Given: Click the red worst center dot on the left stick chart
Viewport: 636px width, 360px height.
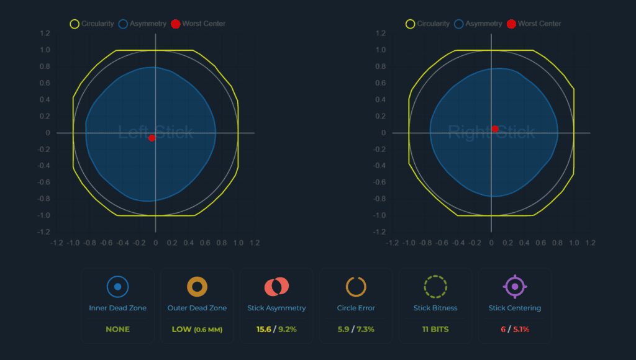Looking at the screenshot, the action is point(152,138).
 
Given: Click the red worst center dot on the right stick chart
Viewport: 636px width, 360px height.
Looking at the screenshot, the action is point(495,129).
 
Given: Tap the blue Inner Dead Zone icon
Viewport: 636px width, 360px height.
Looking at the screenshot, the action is point(117,287).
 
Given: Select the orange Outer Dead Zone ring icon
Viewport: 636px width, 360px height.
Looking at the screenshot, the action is point(197,287).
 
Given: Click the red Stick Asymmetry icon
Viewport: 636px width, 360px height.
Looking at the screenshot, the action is point(276,287).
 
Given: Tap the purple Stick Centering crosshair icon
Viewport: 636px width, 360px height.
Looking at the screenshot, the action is point(515,287).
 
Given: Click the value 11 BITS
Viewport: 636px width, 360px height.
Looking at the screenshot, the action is point(435,329).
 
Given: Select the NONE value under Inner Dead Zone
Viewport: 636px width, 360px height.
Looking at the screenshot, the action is point(117,329).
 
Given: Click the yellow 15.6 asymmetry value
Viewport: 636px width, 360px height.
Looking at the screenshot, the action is point(263,329).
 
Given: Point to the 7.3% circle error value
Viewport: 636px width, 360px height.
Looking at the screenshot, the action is point(365,329).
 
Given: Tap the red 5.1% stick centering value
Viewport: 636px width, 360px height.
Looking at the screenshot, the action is point(521,329).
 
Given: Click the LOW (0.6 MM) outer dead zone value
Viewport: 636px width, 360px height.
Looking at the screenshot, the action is point(197,329).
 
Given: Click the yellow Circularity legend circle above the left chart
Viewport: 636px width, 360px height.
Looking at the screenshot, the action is point(75,24).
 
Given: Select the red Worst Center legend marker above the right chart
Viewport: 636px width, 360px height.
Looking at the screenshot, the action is point(511,24).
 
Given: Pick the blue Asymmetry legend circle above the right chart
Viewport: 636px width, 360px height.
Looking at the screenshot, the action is point(459,24).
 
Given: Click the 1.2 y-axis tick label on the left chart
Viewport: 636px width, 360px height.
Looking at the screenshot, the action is point(45,34).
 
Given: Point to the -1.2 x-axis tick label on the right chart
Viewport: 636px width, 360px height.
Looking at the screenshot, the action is point(393,243).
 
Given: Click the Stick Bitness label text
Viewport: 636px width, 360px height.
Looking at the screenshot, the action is point(435,308).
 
